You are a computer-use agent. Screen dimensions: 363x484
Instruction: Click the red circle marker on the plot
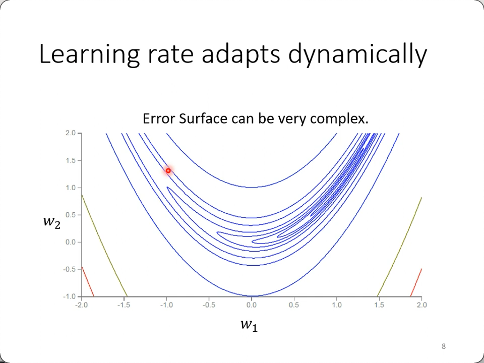pyautogui.click(x=168, y=171)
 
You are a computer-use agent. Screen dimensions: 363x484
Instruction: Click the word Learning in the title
pyautogui.click(x=89, y=54)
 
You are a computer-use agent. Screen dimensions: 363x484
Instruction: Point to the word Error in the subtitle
pyautogui.click(x=159, y=119)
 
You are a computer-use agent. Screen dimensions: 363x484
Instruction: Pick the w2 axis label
pyautogui.click(x=51, y=221)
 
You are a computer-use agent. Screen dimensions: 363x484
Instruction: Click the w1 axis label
pyautogui.click(x=249, y=325)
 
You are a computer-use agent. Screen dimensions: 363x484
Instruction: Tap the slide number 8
pyautogui.click(x=444, y=346)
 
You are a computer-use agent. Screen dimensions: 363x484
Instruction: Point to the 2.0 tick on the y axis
pyautogui.click(x=70, y=133)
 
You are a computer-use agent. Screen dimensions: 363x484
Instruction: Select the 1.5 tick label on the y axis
pyautogui.click(x=70, y=160)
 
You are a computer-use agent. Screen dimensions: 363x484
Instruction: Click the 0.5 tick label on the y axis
pyautogui.click(x=70, y=215)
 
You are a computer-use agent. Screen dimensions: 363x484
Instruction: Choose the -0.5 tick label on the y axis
pyautogui.click(x=69, y=269)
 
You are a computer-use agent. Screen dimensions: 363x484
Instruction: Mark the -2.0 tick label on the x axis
pyautogui.click(x=81, y=305)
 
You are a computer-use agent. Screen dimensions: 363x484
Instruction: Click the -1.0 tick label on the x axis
pyautogui.click(x=166, y=305)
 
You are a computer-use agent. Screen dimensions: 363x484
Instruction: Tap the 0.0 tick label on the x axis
pyautogui.click(x=252, y=305)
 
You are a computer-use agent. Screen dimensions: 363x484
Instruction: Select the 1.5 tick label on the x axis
pyautogui.click(x=379, y=305)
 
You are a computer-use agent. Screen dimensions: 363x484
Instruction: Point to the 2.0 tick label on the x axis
pyautogui.click(x=422, y=305)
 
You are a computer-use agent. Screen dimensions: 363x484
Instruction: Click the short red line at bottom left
pyautogui.click(x=87, y=281)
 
